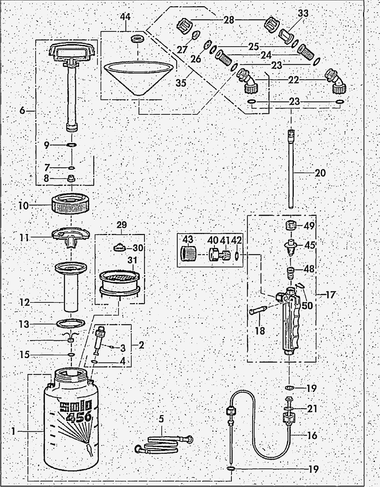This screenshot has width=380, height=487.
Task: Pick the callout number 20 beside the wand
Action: [320, 172]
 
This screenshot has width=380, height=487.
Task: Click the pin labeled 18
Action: [259, 312]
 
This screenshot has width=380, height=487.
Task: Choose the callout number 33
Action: [304, 14]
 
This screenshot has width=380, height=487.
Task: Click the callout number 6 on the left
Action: [22, 111]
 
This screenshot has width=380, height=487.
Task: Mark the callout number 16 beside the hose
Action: [312, 435]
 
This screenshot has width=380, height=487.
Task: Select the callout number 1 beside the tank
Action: [13, 431]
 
